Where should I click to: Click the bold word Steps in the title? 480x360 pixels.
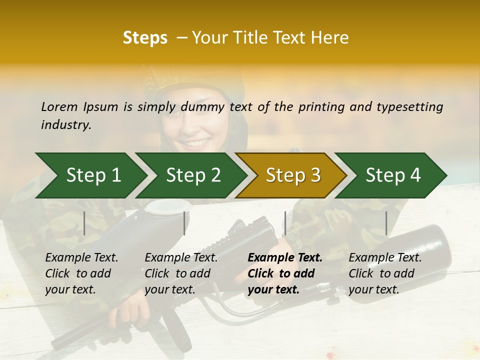[145, 38]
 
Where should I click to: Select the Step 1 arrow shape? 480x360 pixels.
[90, 175]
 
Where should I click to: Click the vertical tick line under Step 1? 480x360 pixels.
[84, 223]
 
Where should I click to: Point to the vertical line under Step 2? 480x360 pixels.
[184, 223]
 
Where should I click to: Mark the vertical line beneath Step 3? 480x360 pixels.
[285, 223]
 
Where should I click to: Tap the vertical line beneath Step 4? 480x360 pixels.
[386, 223]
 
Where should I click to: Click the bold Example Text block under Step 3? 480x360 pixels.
[285, 273]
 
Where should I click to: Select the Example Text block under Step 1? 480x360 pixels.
[81, 273]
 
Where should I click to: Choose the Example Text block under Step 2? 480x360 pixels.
[181, 273]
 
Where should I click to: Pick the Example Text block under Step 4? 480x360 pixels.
[385, 273]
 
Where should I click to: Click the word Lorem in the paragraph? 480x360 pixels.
[59, 106]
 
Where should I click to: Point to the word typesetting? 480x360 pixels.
[409, 106]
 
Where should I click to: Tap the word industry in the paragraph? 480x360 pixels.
[66, 124]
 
